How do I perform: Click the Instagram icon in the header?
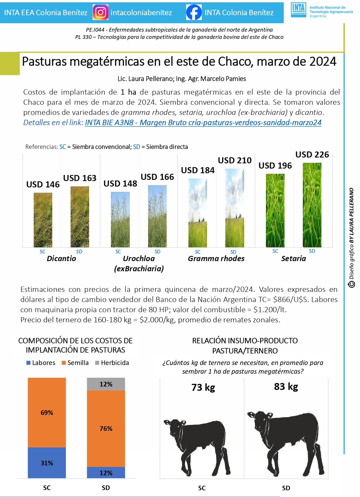[100, 12]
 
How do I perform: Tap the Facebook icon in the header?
[194, 12]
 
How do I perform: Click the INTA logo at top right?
[298, 10]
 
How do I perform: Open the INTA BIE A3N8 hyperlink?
[203, 123]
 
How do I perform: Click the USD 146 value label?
[43, 185]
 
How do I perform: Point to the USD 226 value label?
[312, 155]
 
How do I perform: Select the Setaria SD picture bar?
[312, 205]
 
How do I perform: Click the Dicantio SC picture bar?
[43, 220]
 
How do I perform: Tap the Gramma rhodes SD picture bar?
[235, 208]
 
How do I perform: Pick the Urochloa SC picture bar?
[120, 219]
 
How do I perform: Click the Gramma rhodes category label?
[216, 259]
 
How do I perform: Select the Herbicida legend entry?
[112, 363]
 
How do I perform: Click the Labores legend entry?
[41, 363]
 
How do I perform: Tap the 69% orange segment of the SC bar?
[47, 413]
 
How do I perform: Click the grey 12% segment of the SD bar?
[106, 384]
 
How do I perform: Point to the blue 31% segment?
[47, 463]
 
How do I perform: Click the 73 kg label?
[203, 387]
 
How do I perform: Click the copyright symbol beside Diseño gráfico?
[352, 284]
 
